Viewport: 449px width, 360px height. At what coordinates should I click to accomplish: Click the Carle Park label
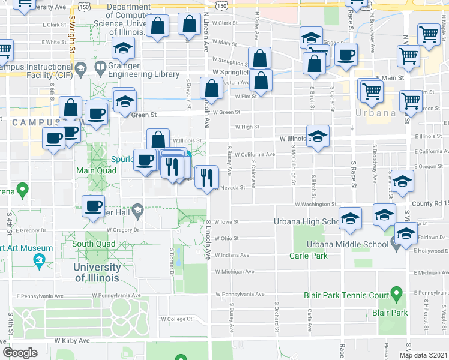pyautogui.click(x=326, y=256)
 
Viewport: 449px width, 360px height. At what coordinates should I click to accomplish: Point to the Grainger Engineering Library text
pyautogui.click(x=143, y=74)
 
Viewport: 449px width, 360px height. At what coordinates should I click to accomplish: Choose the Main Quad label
pyautogui.click(x=91, y=170)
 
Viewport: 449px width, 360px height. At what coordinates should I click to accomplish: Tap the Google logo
pyautogui.click(x=20, y=352)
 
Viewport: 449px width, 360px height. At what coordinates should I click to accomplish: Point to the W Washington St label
pyautogui.click(x=315, y=204)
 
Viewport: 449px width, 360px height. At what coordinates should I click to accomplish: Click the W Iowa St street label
pyautogui.click(x=226, y=221)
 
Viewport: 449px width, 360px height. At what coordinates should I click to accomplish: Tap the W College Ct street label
pyautogui.click(x=175, y=319)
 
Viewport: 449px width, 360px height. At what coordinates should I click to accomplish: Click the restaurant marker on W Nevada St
pyautogui.click(x=207, y=178)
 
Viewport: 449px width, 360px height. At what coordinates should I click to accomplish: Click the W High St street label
pyautogui.click(x=247, y=127)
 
